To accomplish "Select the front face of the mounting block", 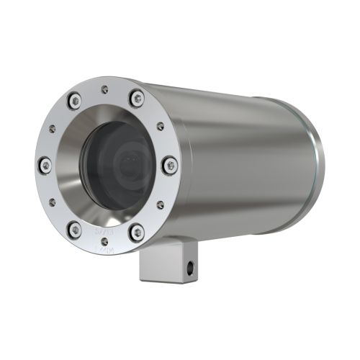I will (153, 266).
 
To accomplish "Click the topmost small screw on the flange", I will (105, 89).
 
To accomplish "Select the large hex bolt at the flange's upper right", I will (136, 96).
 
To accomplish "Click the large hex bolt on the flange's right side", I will (170, 166).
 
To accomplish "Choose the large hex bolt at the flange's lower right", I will (137, 232).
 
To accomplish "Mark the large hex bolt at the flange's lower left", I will (74, 229).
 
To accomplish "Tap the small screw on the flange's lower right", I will (160, 204).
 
